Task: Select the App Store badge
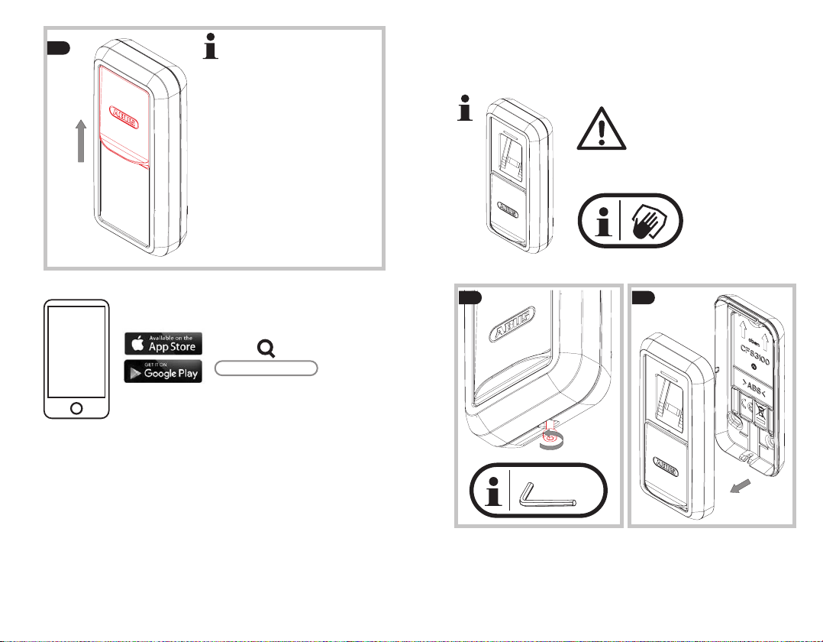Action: [163, 343]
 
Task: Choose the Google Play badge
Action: [163, 371]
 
